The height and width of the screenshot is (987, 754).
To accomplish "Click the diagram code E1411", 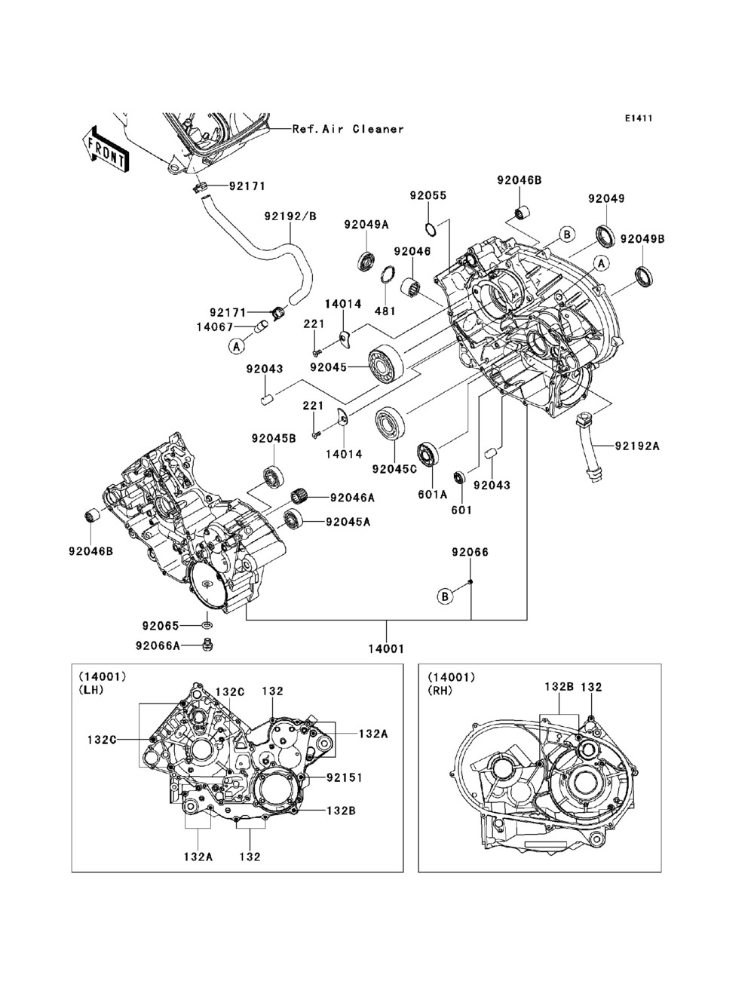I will tap(638, 118).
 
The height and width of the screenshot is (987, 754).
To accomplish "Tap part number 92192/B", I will tap(290, 216).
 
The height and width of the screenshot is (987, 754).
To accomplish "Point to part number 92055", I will tap(428, 195).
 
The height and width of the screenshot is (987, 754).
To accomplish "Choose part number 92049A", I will tap(366, 224).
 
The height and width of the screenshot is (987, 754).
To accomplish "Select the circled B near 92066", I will tap(446, 596).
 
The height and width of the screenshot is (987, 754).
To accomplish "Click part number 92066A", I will tap(158, 645).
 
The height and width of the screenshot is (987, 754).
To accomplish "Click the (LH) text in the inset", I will tap(91, 689).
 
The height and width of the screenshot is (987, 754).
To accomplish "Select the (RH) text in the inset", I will tap(440, 689).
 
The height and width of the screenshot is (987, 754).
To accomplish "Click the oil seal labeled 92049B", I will tap(643, 277).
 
